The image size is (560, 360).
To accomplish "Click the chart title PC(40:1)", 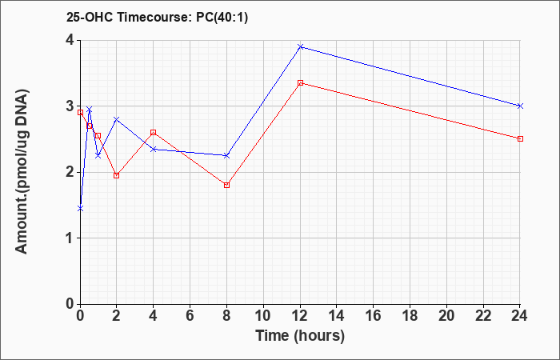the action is (x=222, y=18).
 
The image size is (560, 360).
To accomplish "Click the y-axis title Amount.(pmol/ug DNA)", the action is (x=22, y=172).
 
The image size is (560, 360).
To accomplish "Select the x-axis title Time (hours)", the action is (x=300, y=336).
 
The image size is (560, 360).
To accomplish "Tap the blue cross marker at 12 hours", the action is (x=300, y=46).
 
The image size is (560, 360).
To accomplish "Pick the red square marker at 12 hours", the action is (x=300, y=83).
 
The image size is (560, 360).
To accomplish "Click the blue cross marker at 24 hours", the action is (x=520, y=106).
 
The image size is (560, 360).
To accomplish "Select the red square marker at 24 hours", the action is (x=520, y=138).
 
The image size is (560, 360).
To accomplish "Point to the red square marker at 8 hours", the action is (x=226, y=185).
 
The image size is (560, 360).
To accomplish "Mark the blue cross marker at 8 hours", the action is (x=226, y=156).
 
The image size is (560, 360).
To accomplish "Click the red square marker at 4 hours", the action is (x=154, y=133).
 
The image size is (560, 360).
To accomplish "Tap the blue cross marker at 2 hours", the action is (x=117, y=119).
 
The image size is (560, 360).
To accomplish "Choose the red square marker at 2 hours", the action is (x=117, y=175).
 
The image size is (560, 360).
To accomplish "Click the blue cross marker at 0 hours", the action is (x=80, y=208).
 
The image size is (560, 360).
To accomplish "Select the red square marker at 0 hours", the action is (x=80, y=112).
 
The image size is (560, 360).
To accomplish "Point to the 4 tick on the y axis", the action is (x=78, y=40).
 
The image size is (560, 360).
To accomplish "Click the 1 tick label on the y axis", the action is (x=70, y=238).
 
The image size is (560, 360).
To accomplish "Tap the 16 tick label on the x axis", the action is (x=374, y=316).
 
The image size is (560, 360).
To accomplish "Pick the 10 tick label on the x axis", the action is (x=263, y=316).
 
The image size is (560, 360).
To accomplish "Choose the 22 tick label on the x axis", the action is (x=483, y=316).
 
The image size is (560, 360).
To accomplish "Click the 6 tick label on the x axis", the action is (x=190, y=316).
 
